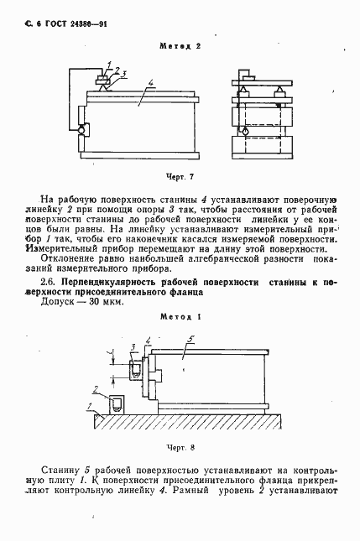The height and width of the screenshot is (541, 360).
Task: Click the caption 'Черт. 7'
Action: pyautogui.click(x=180, y=177)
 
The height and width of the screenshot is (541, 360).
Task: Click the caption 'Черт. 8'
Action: pyautogui.click(x=180, y=449)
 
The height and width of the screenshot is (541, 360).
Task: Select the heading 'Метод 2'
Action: pyautogui.click(x=180, y=46)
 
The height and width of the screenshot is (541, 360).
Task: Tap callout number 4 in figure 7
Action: pyautogui.click(x=149, y=83)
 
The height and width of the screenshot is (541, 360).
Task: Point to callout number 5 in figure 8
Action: pyautogui.click(x=191, y=340)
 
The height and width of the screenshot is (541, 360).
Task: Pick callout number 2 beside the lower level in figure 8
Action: pyautogui.click(x=97, y=389)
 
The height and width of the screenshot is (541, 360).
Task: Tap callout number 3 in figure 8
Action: pyautogui.click(x=134, y=346)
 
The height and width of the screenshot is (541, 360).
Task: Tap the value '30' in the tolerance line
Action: pyautogui.click(x=92, y=302)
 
